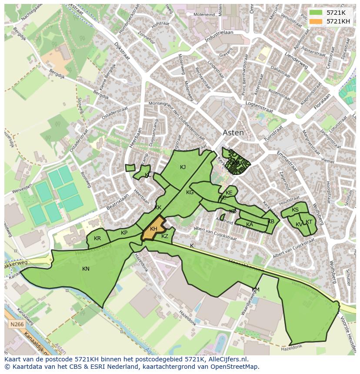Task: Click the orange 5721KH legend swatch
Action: [316, 21]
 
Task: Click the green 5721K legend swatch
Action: [316, 13]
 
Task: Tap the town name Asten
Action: [233, 133]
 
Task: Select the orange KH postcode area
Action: [154, 228]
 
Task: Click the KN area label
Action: [86, 269]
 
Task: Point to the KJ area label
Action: [183, 167]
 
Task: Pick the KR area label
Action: [97, 238]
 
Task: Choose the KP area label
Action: [124, 233]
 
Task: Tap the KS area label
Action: [295, 210]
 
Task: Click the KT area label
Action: [309, 222]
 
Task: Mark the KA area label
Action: [250, 225]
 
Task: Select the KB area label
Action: [271, 221]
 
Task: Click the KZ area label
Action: [165, 236]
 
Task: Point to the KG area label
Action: [190, 192]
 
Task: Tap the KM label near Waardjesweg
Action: [256, 290]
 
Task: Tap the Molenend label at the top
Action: [204, 14]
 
